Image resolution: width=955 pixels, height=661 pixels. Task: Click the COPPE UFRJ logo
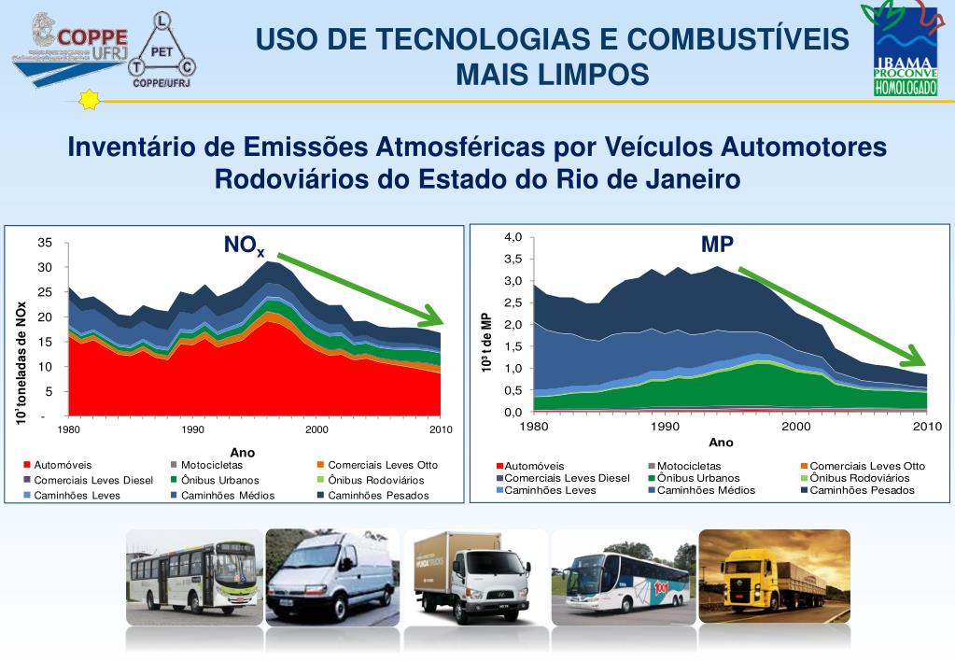[70, 42]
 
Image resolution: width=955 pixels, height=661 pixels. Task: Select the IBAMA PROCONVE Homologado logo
[903, 51]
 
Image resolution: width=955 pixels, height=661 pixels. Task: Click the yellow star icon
[89, 100]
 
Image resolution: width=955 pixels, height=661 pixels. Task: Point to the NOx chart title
[244, 246]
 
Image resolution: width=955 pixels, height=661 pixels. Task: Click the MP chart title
[717, 245]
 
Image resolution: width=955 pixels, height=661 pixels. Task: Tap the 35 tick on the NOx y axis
[45, 244]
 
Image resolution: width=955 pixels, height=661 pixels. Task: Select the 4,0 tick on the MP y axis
[513, 237]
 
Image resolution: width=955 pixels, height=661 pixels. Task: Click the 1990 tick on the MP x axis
[665, 427]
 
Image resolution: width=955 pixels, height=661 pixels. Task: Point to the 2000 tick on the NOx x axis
[316, 429]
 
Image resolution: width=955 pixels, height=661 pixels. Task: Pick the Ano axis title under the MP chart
[721, 443]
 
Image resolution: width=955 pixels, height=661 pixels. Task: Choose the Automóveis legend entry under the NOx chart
[63, 465]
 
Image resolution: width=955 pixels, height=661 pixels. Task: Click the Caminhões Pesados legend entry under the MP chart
[862, 490]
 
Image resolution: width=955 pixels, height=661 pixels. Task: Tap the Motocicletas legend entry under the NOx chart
[212, 465]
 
